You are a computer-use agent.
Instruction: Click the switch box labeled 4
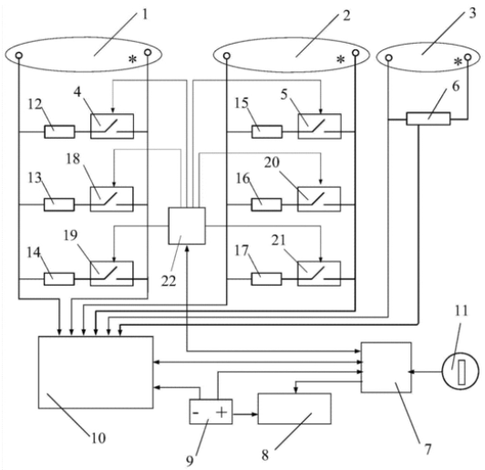coord(112,126)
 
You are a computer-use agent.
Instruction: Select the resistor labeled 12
coord(59,131)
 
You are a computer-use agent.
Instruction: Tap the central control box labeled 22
coord(187,225)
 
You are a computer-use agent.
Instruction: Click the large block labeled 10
coord(96,372)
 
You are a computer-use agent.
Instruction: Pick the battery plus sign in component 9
coord(222,413)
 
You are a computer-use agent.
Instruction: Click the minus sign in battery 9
coord(195,413)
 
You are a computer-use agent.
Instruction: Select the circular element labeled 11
coord(460,371)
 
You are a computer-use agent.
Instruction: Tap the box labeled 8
coord(294,408)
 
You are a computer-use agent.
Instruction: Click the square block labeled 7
coord(387,367)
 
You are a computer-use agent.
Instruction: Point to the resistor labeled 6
coord(428,119)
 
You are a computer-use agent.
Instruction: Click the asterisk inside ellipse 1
coord(132,59)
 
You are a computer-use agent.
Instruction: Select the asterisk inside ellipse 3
coord(458,62)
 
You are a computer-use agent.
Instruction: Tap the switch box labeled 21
coord(319,274)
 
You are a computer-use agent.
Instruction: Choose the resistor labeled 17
coord(266,279)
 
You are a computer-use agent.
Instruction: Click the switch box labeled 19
coord(111,274)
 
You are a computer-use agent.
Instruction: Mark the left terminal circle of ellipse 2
coord(227,56)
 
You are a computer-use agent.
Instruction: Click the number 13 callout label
coord(35,178)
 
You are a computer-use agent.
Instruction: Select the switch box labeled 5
coord(320,126)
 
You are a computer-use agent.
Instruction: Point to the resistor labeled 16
coord(266,204)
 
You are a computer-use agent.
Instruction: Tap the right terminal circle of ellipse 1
coord(148,52)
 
